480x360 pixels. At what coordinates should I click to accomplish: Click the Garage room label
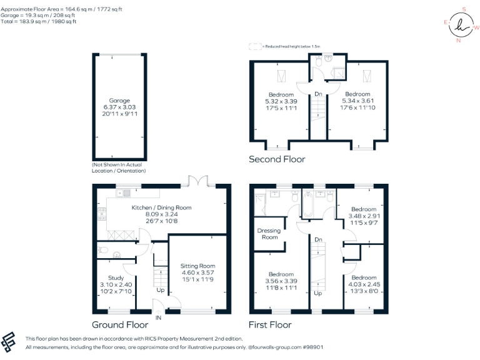click(119, 101)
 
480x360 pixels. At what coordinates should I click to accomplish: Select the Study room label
click(116, 277)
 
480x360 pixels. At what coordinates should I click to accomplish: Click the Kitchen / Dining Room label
click(161, 207)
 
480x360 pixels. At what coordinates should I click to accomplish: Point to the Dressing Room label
click(269, 234)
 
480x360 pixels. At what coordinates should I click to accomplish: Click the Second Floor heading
click(277, 159)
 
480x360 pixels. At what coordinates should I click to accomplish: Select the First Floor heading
click(270, 325)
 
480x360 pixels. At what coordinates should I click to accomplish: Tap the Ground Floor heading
click(120, 325)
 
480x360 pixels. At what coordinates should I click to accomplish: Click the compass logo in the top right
click(462, 26)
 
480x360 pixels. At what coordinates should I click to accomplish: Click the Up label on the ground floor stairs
click(161, 291)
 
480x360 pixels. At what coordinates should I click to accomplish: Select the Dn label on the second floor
click(318, 94)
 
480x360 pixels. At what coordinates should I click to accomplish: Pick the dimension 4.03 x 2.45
click(364, 284)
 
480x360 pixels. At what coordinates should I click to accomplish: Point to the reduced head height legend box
click(254, 46)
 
